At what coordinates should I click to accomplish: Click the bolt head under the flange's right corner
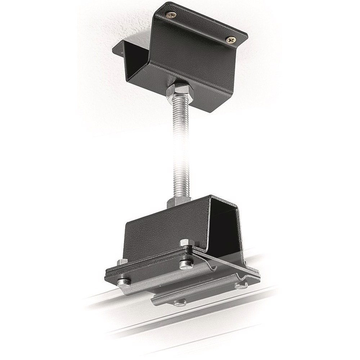coord(240,286)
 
